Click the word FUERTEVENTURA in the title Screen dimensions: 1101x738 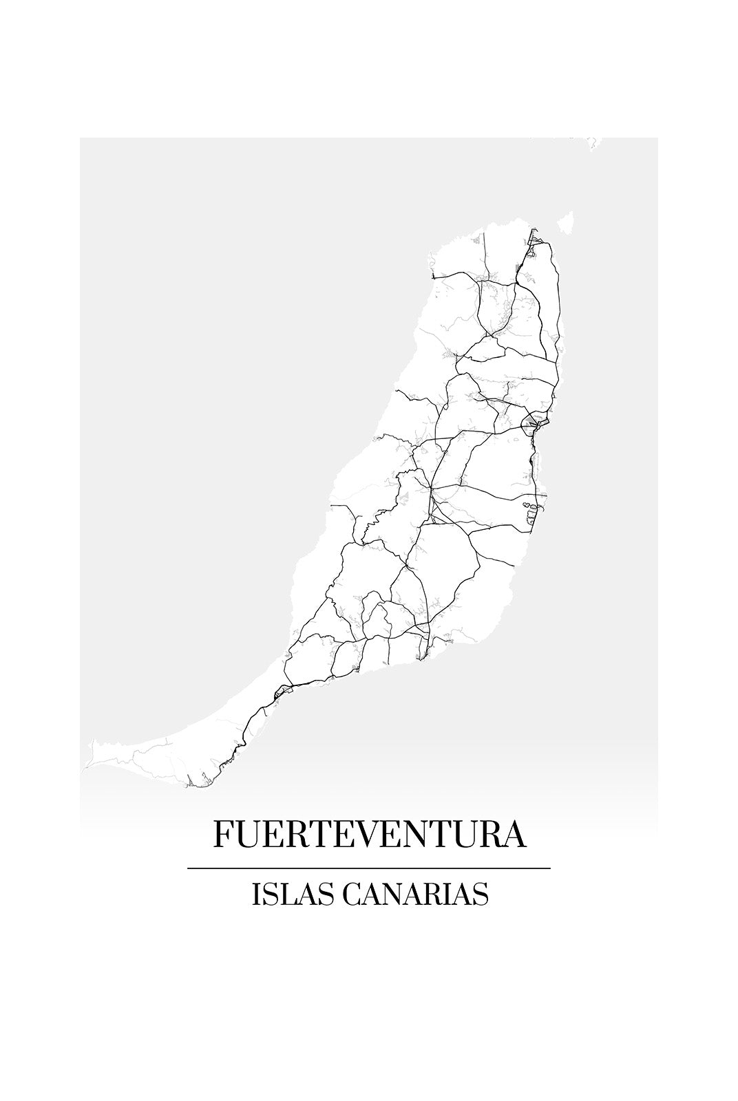pos(370,833)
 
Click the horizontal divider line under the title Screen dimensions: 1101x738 pos(369,868)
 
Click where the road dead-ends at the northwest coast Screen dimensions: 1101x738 pos(434,277)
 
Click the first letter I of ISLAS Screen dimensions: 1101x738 pos(256,895)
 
